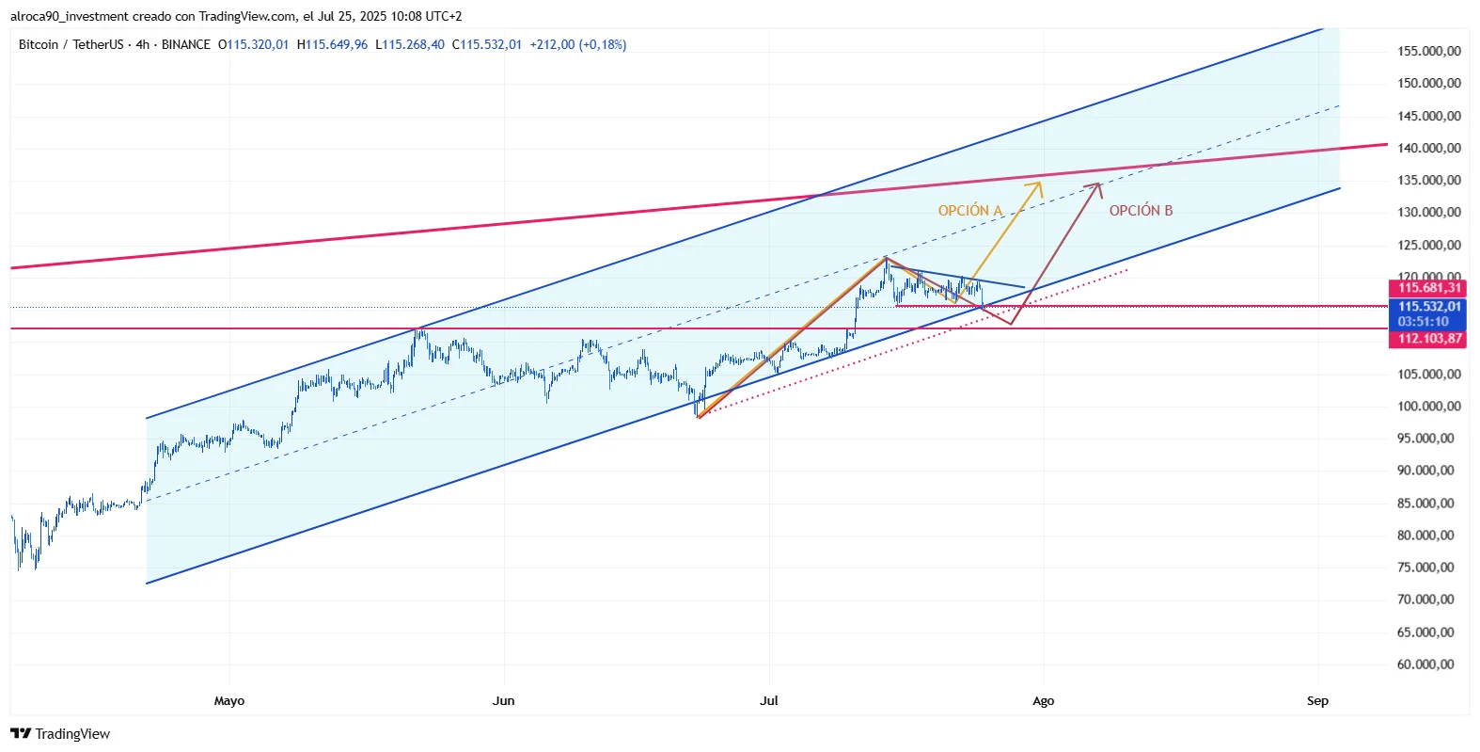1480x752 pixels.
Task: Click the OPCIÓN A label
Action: [x=969, y=211]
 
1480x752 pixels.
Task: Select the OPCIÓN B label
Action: [x=1141, y=211]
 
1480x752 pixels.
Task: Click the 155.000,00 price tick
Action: [x=1428, y=52]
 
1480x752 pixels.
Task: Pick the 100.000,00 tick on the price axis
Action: [x=1428, y=407]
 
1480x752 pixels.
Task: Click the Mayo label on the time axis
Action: [x=229, y=701]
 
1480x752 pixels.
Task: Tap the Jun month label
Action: [x=504, y=701]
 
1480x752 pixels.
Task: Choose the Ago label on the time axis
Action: [x=1043, y=701]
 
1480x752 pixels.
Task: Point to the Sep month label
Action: [x=1317, y=701]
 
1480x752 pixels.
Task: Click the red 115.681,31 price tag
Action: [x=1427, y=288]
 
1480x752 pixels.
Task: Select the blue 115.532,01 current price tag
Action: [x=1427, y=307]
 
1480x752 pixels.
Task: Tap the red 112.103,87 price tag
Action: [x=1427, y=339]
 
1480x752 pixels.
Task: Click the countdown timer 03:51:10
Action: [x=1423, y=322]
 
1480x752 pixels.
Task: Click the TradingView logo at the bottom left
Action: [x=60, y=734]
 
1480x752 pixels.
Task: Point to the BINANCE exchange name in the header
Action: [x=185, y=45]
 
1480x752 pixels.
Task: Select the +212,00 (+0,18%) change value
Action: [x=577, y=45]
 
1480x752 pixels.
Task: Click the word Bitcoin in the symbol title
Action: [x=39, y=45]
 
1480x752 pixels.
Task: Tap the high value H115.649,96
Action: [x=332, y=45]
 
